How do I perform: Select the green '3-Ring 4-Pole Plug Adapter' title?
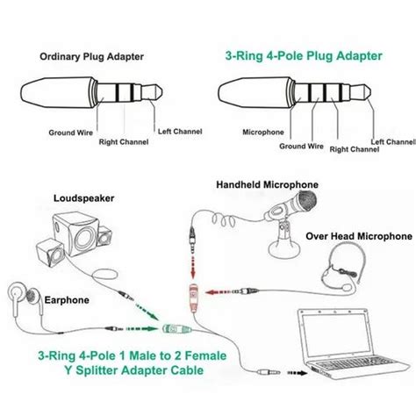coord(302,55)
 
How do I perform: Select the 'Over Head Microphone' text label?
coord(358,236)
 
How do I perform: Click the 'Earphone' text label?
coord(67,300)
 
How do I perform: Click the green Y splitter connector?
coord(171,331)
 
